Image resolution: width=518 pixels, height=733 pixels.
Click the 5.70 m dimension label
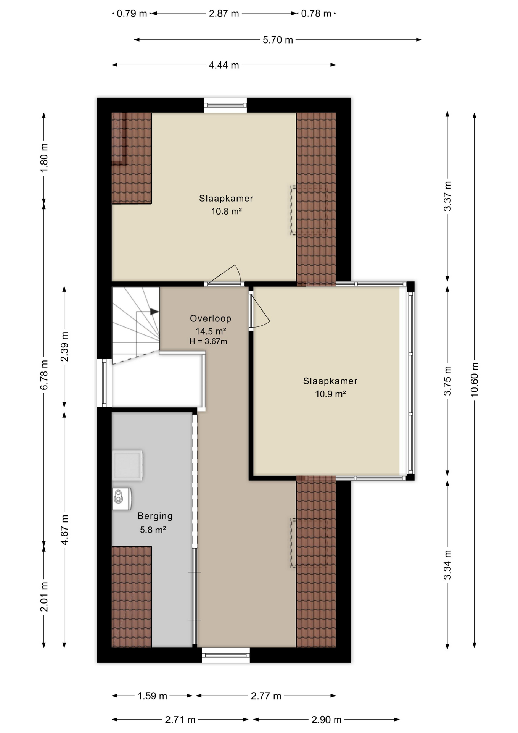pyautogui.click(x=278, y=40)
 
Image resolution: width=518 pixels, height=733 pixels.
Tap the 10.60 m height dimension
pyautogui.click(x=474, y=379)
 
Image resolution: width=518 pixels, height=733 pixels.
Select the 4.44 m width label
pyautogui.click(x=224, y=65)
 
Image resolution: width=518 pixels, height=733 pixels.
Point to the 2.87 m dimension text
pyautogui.click(x=224, y=14)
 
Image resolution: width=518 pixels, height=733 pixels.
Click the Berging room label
pyautogui.click(x=155, y=516)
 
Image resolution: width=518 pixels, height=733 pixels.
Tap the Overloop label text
pyautogui.click(x=211, y=318)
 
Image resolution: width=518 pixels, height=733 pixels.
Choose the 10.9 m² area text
pyautogui.click(x=330, y=394)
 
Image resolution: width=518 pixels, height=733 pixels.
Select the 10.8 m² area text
pyautogui.click(x=227, y=211)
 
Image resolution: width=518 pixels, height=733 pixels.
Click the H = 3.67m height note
pyautogui.click(x=208, y=341)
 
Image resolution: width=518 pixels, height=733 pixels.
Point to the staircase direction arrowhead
pyautogui.click(x=154, y=312)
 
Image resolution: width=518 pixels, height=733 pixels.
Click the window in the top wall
pyautogui.click(x=225, y=105)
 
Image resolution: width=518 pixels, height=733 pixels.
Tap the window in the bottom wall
pyautogui.click(x=226, y=655)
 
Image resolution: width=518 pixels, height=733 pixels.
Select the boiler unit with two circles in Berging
pyautogui.click(x=122, y=499)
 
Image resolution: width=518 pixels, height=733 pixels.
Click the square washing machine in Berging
pyautogui.click(x=127, y=465)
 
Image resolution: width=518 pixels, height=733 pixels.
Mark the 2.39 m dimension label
pyautogui.click(x=64, y=346)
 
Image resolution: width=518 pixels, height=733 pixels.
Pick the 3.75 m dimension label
pyautogui.click(x=447, y=381)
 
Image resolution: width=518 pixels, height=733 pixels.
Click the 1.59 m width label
pyautogui.click(x=152, y=696)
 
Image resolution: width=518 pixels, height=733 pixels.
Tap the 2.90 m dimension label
pyautogui.click(x=326, y=720)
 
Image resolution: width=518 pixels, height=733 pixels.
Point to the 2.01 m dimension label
pyautogui.click(x=44, y=596)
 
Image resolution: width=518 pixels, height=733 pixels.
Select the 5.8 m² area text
pyautogui.click(x=153, y=530)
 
